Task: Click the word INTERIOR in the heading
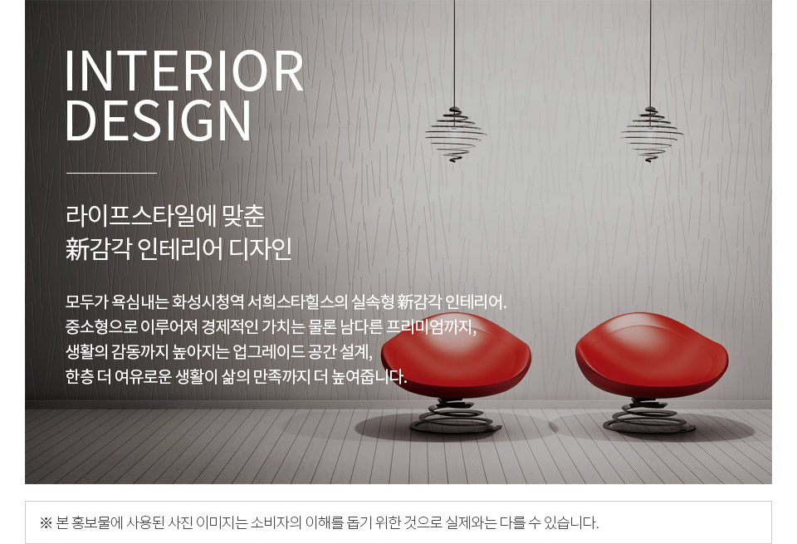[184, 71]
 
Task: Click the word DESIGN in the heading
[159, 120]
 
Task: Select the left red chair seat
[456, 356]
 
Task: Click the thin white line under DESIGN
[111, 173]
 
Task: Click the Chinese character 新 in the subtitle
[76, 249]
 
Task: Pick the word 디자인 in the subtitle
[260, 249]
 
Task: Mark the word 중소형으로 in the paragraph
[101, 326]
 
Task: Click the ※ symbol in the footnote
[46, 522]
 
